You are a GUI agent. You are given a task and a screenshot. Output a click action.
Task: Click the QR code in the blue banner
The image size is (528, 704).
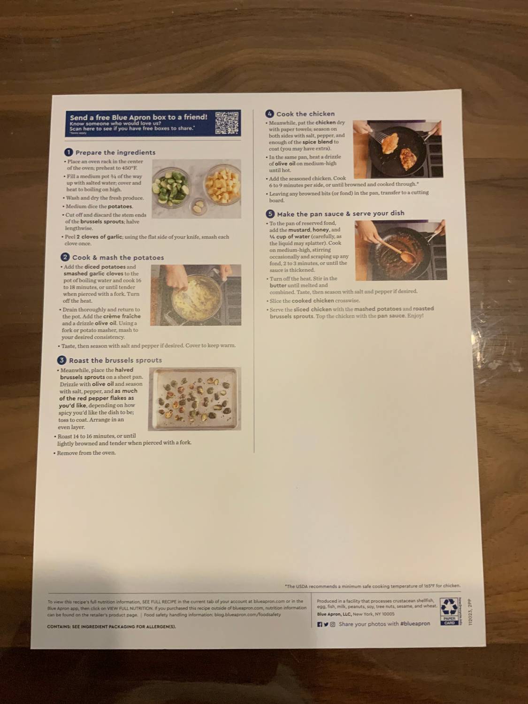click(x=227, y=123)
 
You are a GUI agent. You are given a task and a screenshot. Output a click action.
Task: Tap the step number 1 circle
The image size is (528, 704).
click(x=69, y=152)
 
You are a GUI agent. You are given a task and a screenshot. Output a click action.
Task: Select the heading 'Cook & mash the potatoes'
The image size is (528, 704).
click(x=118, y=258)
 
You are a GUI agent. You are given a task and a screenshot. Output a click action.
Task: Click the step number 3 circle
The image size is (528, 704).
click(x=61, y=360)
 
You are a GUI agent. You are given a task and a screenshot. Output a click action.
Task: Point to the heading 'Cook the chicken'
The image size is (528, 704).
click(x=305, y=114)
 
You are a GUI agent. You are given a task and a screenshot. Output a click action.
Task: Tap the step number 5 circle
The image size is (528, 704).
click(x=270, y=214)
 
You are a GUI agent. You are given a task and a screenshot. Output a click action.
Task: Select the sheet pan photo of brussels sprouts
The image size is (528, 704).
click(x=195, y=398)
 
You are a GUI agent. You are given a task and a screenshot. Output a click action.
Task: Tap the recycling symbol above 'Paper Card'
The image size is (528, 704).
click(x=449, y=606)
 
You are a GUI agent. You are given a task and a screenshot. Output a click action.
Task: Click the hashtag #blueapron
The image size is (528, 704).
click(x=415, y=624)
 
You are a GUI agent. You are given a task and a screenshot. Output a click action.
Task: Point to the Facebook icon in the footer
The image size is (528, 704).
click(x=320, y=624)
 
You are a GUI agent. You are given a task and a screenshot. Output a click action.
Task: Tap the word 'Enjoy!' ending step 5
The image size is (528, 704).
click(x=415, y=316)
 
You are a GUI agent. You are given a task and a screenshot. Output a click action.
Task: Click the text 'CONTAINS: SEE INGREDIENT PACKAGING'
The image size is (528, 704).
click(x=111, y=627)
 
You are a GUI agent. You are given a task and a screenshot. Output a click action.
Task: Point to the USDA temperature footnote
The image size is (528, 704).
click(x=373, y=586)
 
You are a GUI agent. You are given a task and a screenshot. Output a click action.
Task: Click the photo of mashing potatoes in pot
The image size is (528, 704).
click(x=196, y=295)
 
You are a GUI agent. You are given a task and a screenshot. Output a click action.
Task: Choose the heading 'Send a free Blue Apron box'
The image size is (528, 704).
click(x=138, y=117)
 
